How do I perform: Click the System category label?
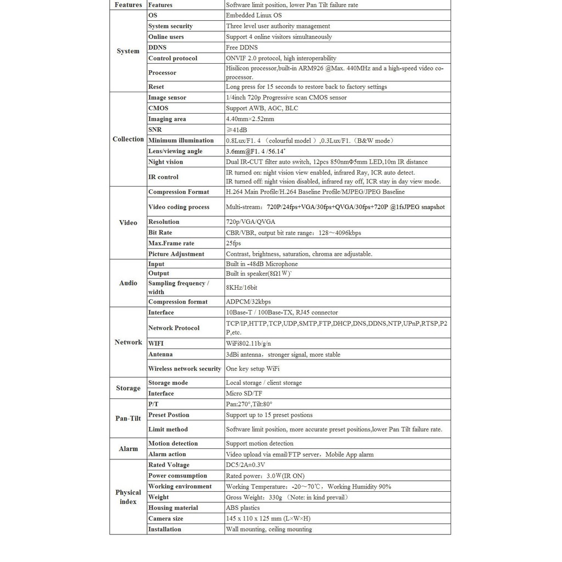coord(128,51)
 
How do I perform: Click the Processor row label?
coord(162,72)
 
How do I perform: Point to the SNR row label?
coord(155,130)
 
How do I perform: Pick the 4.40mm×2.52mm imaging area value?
coord(250,119)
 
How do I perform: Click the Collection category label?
coord(128,139)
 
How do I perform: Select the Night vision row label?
coord(165,162)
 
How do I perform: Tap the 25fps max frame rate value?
coord(233,243)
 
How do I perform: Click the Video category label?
coord(128,223)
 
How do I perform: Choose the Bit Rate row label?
coord(160,233)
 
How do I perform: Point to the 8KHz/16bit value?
coord(241,288)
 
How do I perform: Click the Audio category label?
coord(128,283)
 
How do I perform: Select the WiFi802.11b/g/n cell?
coord(249,344)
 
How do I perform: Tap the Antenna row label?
coord(160,355)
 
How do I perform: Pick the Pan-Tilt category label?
coord(128,418)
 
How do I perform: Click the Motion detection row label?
coord(172,443)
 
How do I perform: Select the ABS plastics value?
coord(243,508)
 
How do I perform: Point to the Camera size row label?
coord(165,519)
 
